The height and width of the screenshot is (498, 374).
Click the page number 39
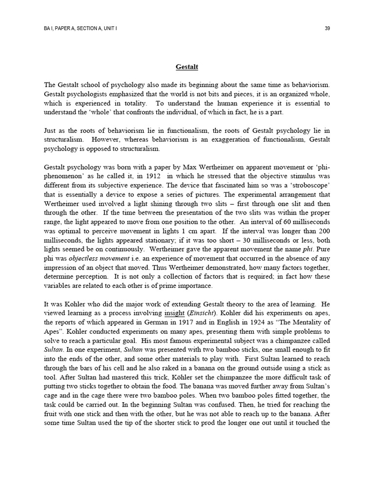pyautogui.click(x=327, y=29)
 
